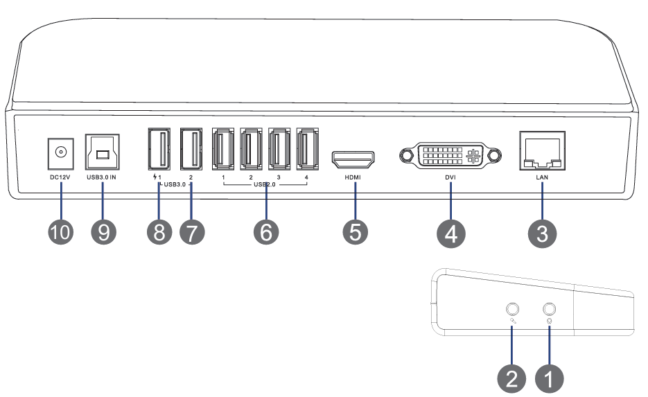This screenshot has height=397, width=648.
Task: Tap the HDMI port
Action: click(354, 160)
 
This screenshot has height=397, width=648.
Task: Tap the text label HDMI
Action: click(353, 178)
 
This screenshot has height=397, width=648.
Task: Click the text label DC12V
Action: click(60, 178)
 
